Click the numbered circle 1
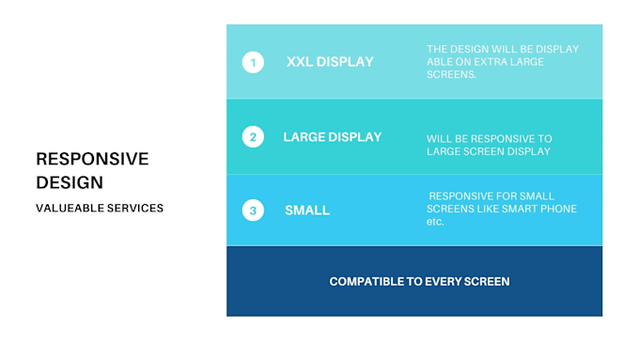pyautogui.click(x=253, y=63)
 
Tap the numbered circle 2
pyautogui.click(x=253, y=137)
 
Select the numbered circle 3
pyautogui.click(x=253, y=211)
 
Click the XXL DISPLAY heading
pyautogui.click(x=330, y=62)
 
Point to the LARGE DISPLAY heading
pyautogui.click(x=332, y=137)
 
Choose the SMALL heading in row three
pyautogui.click(x=307, y=211)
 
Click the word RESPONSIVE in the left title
pyautogui.click(x=92, y=159)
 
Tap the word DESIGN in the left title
pyautogui.click(x=70, y=182)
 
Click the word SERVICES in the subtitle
pyautogui.click(x=137, y=208)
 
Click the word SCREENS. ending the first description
pyautogui.click(x=453, y=75)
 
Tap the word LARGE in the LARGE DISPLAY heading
pyautogui.click(x=304, y=137)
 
